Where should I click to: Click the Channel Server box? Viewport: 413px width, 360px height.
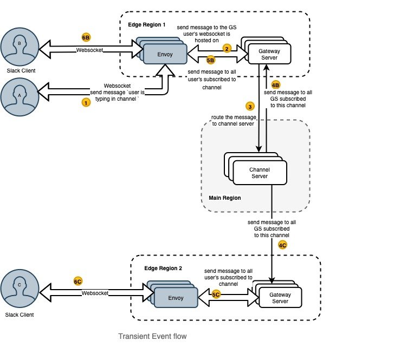pyautogui.click(x=259, y=173)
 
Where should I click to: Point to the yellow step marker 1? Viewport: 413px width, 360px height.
pyautogui.click(x=85, y=102)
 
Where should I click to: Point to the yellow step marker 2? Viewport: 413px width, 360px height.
pyautogui.click(x=228, y=48)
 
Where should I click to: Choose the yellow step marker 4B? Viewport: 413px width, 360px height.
pyautogui.click(x=276, y=85)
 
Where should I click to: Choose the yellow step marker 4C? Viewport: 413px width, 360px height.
pyautogui.click(x=282, y=245)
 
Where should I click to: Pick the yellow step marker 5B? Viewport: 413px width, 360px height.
pyautogui.click(x=210, y=61)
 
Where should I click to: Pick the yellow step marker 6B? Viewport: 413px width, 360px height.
pyautogui.click(x=86, y=37)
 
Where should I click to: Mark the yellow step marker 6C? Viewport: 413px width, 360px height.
pyautogui.click(x=78, y=282)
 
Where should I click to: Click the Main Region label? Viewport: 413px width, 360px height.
pyautogui.click(x=225, y=198)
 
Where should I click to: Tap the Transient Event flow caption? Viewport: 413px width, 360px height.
pyautogui.click(x=152, y=337)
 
